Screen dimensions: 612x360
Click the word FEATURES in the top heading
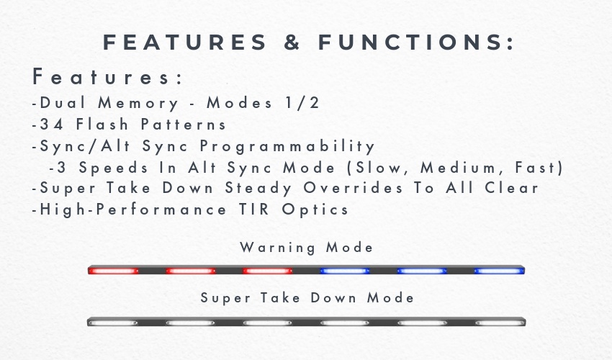(184, 42)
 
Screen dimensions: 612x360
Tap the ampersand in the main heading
(292, 42)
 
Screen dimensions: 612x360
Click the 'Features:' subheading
(107, 76)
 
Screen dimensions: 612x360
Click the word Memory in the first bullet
(138, 104)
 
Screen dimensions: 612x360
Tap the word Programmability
(287, 146)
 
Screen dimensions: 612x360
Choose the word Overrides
(353, 188)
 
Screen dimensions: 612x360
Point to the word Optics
(315, 210)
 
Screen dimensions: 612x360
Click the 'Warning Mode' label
(307, 248)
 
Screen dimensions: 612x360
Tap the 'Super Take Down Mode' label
(307, 298)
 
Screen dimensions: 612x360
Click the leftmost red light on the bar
(113, 271)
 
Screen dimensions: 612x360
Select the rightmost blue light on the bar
(498, 271)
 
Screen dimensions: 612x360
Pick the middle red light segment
(191, 271)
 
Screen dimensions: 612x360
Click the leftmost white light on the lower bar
(113, 323)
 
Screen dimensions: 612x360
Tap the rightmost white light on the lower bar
(500, 323)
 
